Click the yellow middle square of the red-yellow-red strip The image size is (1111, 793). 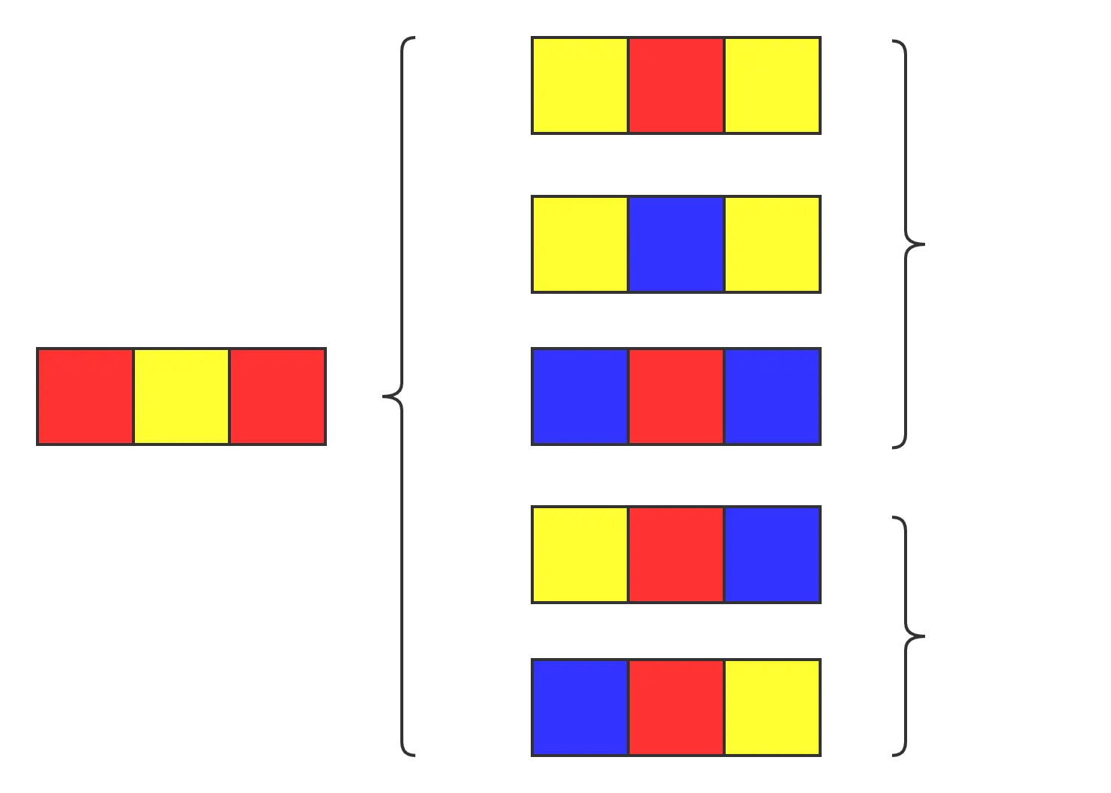pos(181,396)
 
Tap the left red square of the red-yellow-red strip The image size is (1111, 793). pos(85,396)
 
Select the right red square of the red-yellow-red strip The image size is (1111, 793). pos(277,396)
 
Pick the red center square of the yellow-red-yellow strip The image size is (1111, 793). pos(675,85)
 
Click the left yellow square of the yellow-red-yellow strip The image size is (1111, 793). pos(579,85)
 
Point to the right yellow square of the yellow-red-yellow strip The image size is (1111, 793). pos(771,85)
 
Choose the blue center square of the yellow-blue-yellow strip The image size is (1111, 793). pos(675,244)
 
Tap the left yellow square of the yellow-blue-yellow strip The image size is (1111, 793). pos(579,244)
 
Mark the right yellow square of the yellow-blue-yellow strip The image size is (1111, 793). pos(771,244)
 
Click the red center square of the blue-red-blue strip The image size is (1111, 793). pos(675,396)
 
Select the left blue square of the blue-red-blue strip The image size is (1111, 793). pos(579,396)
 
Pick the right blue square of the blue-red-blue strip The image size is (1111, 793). pos(771,396)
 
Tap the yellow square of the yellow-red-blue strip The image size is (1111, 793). pos(579,554)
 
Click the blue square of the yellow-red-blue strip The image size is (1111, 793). pos(771,554)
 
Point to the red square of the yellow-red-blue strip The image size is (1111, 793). pos(675,554)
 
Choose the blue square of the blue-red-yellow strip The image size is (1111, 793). pos(579,707)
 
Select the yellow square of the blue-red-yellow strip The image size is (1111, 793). pos(771,707)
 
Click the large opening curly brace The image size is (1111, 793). pos(402,395)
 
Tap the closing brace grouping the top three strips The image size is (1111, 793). pos(906,244)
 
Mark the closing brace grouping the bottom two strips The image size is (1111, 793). pos(906,636)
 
